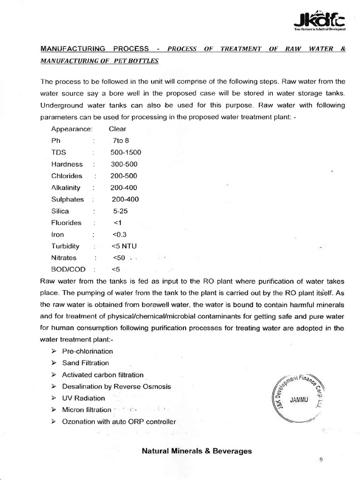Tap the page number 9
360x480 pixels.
click(321, 460)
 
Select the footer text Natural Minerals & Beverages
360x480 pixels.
click(196, 451)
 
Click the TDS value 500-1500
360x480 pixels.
click(126, 152)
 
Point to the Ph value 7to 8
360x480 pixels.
click(117, 141)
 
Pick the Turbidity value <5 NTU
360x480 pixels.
click(124, 246)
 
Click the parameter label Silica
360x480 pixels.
click(61, 211)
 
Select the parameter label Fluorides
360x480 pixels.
click(66, 223)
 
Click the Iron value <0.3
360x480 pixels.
click(120, 234)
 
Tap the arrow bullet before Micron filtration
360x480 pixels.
click(53, 410)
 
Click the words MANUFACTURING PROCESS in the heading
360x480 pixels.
click(95, 49)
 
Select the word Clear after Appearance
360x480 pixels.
click(117, 129)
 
